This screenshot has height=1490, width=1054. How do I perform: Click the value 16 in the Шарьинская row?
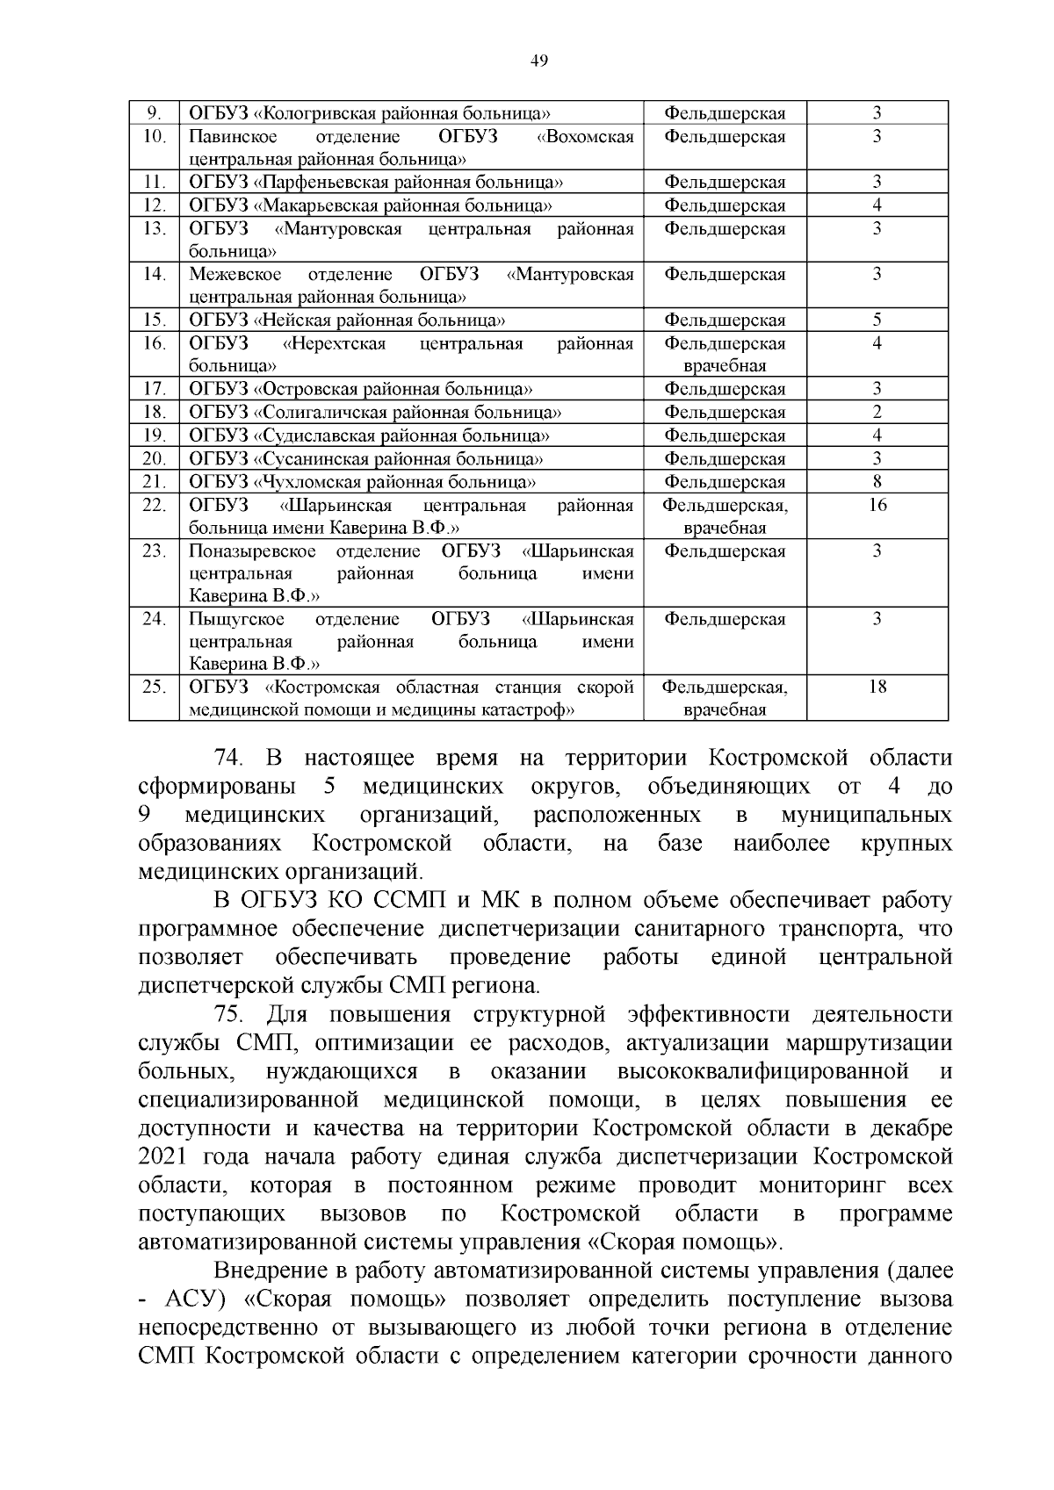[x=877, y=505]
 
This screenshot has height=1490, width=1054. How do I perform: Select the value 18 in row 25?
[x=877, y=687]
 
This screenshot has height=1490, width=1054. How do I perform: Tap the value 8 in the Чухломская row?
[x=877, y=481]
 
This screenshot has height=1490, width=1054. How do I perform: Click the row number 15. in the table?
[x=155, y=320]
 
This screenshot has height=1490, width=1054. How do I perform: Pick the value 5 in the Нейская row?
[x=877, y=320]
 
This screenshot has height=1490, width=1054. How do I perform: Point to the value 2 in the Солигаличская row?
[x=877, y=412]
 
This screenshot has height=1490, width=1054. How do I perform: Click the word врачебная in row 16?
[x=726, y=366]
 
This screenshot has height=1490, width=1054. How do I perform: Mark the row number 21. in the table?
[x=155, y=481]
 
